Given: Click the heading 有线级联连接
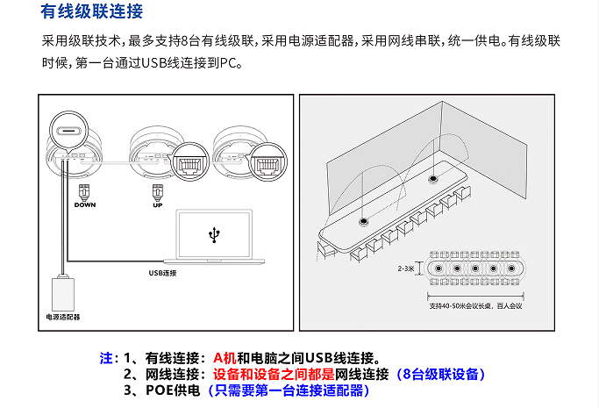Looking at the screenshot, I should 92,12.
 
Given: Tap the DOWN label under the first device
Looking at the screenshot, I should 84,204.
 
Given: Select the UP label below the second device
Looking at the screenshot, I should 157,204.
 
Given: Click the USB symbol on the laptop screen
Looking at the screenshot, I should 214,234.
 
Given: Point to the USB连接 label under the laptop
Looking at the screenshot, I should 163,274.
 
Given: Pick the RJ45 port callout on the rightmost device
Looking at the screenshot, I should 266,163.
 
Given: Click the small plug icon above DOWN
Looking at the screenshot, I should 84,191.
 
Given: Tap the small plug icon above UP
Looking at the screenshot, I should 157,191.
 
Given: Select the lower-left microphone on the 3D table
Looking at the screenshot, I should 364,220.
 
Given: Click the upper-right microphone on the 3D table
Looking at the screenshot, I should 431,179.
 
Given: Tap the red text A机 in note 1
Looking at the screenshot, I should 225,358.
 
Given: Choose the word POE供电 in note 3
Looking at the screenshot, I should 174,390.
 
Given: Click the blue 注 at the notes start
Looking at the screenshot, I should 107,358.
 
